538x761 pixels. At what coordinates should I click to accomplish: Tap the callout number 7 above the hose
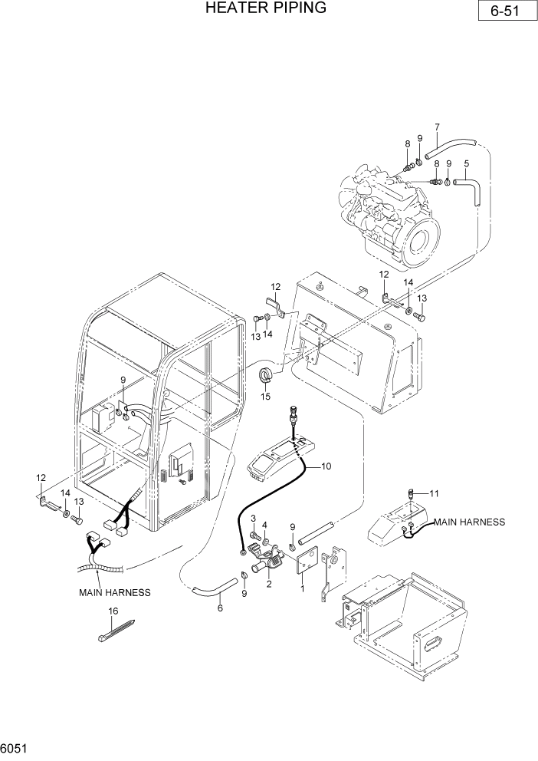[x=437, y=127]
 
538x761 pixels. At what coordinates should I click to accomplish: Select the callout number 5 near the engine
[x=466, y=163]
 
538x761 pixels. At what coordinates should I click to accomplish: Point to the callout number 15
[x=266, y=397]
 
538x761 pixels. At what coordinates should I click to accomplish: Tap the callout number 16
[x=113, y=611]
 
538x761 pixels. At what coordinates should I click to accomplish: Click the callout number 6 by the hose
[x=220, y=608]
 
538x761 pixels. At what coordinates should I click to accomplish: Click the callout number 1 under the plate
[x=303, y=588]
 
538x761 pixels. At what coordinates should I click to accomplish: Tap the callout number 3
[x=253, y=519]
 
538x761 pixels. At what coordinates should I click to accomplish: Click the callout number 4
[x=265, y=525]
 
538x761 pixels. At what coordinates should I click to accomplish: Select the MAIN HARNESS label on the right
[x=470, y=522]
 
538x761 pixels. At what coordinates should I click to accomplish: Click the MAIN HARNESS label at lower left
[x=114, y=592]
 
